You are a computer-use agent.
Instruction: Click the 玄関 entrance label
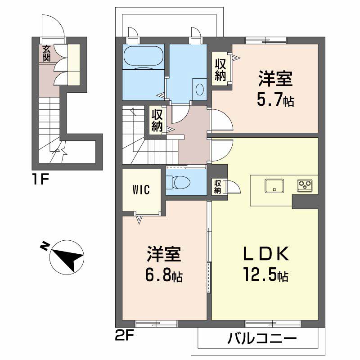point(46,54)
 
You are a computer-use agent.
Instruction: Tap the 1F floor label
point(40,180)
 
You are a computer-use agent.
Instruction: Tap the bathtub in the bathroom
point(144,57)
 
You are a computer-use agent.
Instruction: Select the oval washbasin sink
point(200,88)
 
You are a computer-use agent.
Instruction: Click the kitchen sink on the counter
point(274,185)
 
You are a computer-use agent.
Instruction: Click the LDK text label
point(265,255)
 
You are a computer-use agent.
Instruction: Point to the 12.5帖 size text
point(265,274)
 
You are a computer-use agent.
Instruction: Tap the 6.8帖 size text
point(164,276)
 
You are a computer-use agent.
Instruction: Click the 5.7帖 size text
point(275,101)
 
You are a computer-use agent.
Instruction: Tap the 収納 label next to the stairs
point(156,120)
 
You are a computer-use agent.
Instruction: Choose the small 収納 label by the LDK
point(217,187)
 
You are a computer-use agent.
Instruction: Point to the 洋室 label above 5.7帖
point(275,80)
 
